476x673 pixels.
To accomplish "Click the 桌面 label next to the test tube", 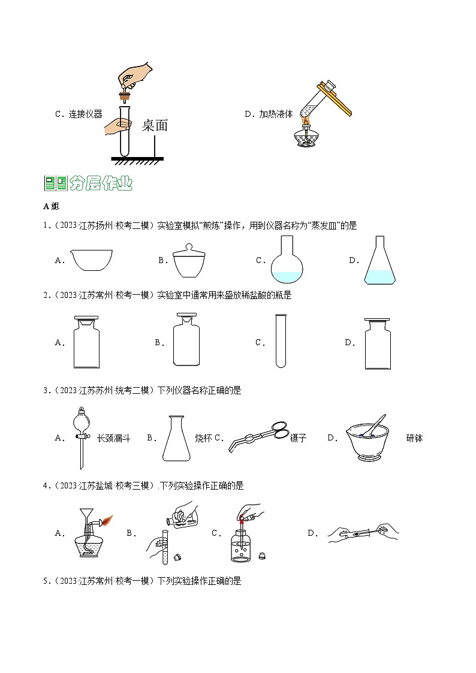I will (x=155, y=125).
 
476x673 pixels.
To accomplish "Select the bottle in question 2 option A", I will (x=91, y=342).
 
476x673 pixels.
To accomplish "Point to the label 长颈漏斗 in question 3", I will (x=113, y=438).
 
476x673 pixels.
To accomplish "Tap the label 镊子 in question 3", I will (x=298, y=438).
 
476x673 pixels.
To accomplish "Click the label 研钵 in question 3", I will (x=414, y=438).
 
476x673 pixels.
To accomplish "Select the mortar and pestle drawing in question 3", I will (x=368, y=439).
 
